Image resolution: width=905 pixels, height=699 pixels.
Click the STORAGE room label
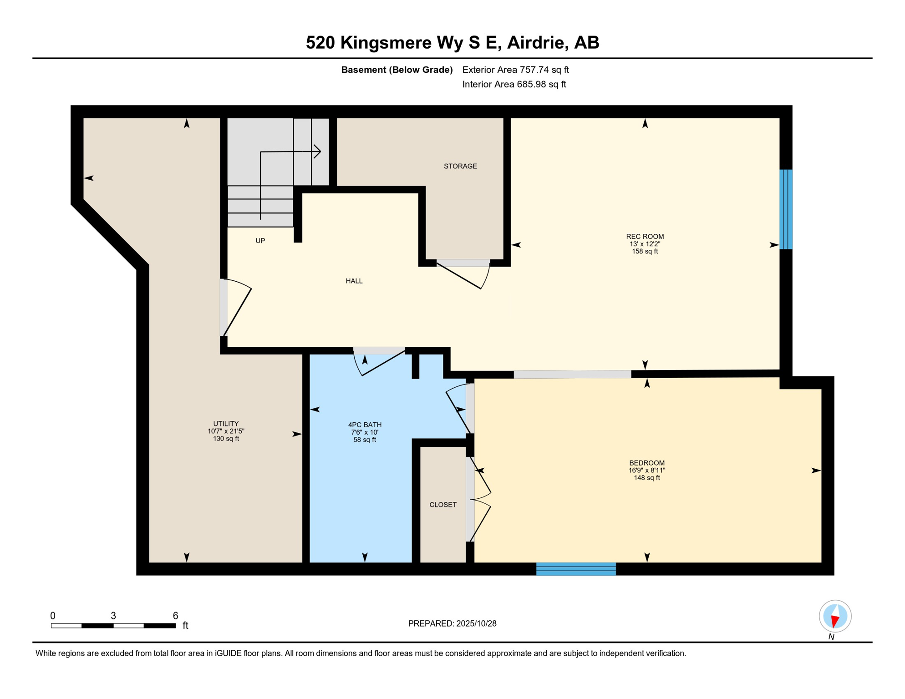click(460, 166)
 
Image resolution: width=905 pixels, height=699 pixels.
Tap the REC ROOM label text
click(645, 236)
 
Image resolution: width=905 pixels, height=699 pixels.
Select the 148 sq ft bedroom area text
click(646, 478)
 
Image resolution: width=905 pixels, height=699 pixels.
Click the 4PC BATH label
click(365, 425)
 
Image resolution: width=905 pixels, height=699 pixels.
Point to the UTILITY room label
click(226, 423)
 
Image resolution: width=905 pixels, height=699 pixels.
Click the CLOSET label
click(442, 505)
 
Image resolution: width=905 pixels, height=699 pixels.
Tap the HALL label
click(354, 281)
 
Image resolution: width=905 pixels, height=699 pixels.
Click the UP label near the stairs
click(260, 241)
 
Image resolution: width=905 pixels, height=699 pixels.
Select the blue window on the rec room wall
click(786, 209)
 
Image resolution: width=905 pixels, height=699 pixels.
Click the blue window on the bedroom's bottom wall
click(576, 569)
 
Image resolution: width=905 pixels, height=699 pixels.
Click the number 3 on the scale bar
click(113, 616)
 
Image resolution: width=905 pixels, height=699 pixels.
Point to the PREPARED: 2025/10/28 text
click(452, 623)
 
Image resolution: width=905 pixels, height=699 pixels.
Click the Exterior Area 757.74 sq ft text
click(515, 70)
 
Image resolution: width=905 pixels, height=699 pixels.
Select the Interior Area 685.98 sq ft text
click(514, 84)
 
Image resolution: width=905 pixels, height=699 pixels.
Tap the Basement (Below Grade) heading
click(397, 70)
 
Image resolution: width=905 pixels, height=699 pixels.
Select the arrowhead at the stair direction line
click(318, 151)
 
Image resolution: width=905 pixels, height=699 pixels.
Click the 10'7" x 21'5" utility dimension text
click(226, 431)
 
